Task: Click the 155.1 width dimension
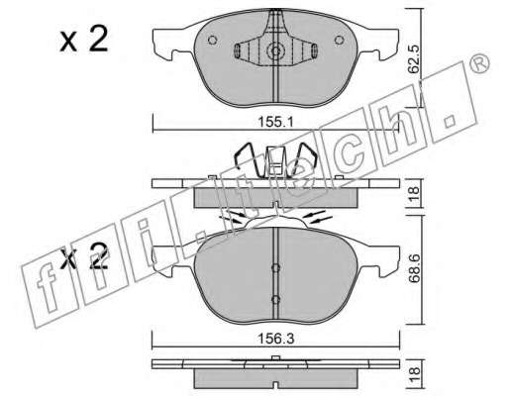click(x=275, y=123)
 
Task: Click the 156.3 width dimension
click(x=275, y=339)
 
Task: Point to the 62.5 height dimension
click(x=413, y=59)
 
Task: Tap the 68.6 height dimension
click(x=414, y=268)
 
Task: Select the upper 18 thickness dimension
click(x=414, y=193)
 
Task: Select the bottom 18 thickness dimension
click(x=414, y=375)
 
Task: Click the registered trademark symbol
click(x=479, y=62)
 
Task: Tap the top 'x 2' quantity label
click(x=84, y=40)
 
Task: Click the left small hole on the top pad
click(x=212, y=40)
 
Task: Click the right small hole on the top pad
click(x=339, y=40)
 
